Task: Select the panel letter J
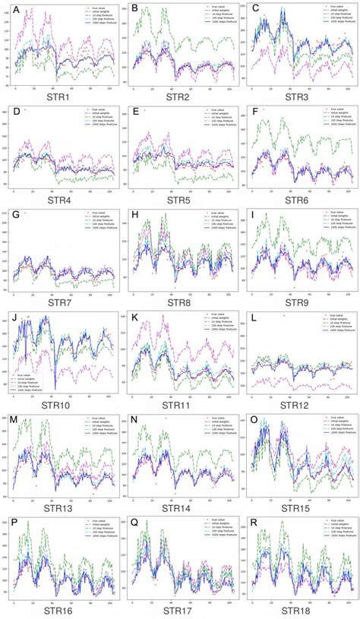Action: (13, 317)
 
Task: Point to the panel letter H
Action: (134, 215)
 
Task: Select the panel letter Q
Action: (134, 523)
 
